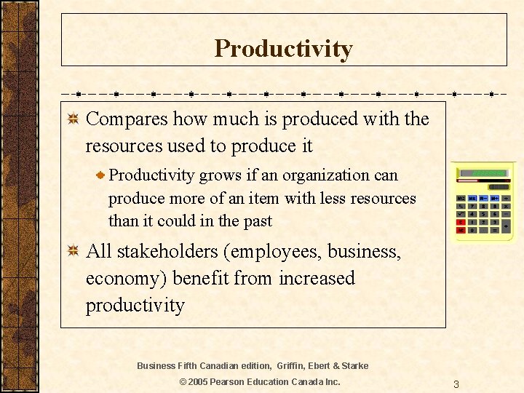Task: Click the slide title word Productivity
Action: [x=283, y=49]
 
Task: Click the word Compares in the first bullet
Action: [x=127, y=119]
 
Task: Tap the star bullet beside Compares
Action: [x=73, y=119]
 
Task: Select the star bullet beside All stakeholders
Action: [x=73, y=252]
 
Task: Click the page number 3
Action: [x=456, y=384]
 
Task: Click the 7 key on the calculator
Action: [x=472, y=206]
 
